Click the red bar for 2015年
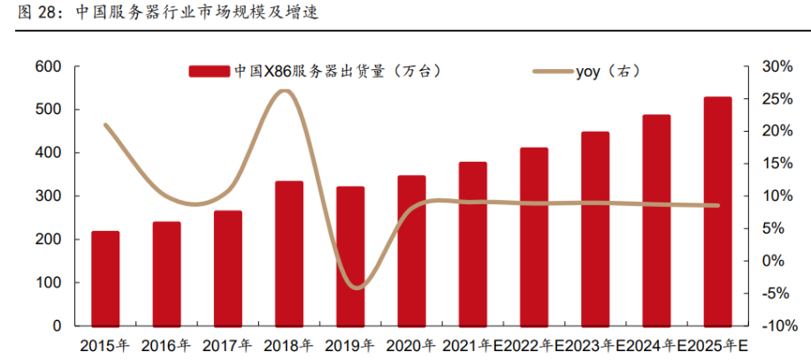point(106,278)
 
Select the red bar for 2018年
point(289,253)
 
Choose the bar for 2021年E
point(473,243)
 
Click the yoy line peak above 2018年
point(283,91)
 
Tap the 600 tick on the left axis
point(48,66)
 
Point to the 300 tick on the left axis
point(48,196)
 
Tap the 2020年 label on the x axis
point(410,345)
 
